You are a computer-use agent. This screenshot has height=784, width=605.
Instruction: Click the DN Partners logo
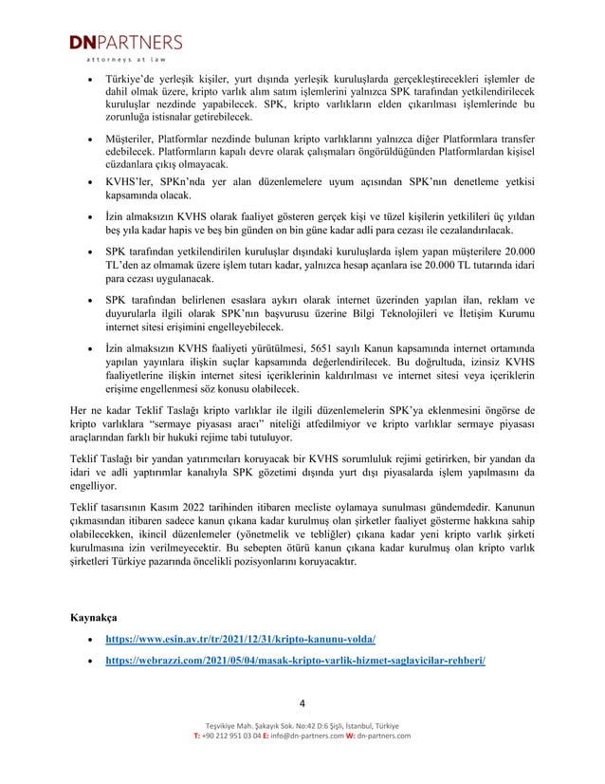123,43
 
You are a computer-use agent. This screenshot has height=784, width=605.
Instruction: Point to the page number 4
302,703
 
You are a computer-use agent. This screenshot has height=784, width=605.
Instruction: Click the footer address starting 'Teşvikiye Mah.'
302,725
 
